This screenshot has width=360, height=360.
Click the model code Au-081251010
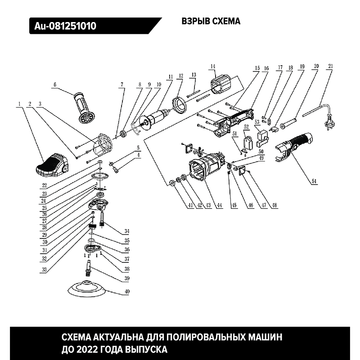tap(65, 26)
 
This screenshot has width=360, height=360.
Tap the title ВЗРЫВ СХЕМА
tap(211, 21)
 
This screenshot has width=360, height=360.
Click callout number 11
tap(170, 76)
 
